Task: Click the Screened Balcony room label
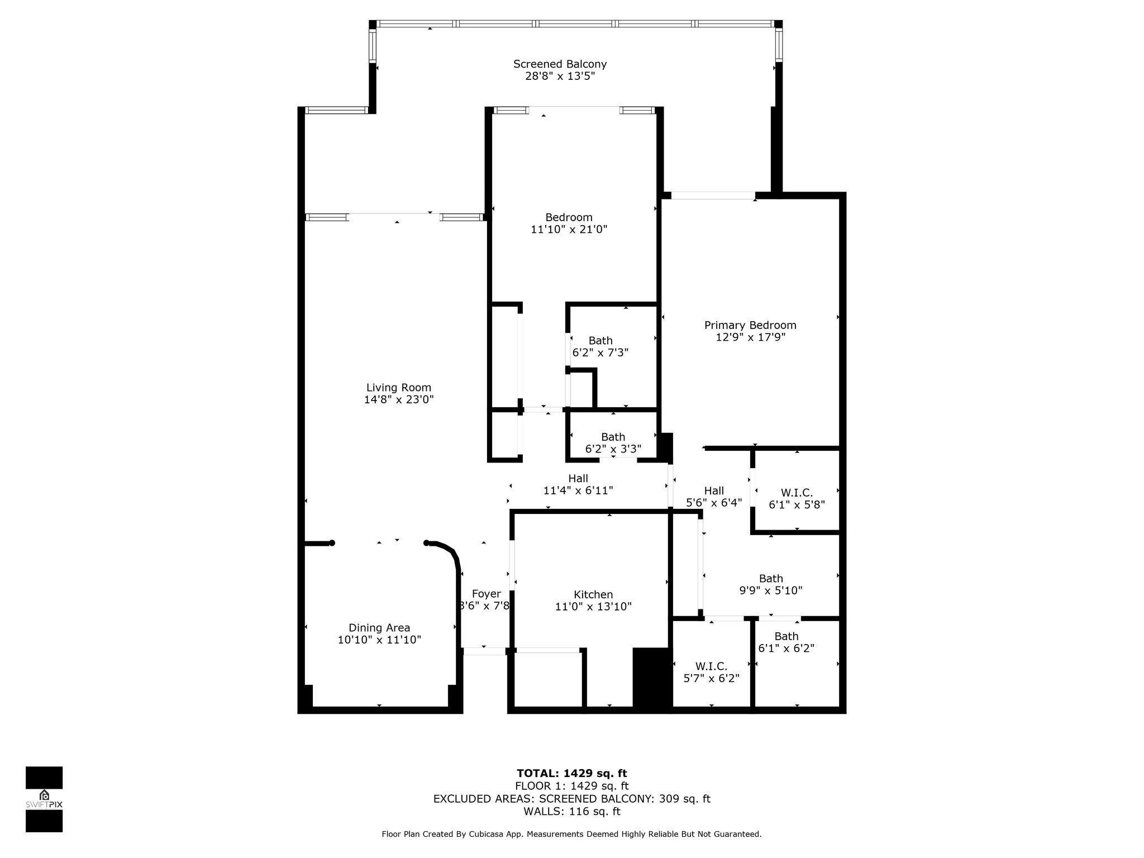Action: pos(560,64)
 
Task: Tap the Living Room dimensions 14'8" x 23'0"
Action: pos(399,399)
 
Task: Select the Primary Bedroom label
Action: pos(750,325)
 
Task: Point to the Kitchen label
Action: pos(593,595)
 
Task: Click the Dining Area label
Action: pos(379,628)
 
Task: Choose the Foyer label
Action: pos(486,594)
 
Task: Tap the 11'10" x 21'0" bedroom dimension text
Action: pos(569,229)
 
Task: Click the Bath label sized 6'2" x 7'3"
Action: pos(600,341)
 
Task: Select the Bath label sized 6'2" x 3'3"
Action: pos(613,437)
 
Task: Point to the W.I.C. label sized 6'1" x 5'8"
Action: pos(797,493)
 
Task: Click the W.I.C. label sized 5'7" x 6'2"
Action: pos(711,666)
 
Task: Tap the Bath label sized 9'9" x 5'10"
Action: pos(771,579)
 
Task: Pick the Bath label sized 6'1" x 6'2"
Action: pos(786,636)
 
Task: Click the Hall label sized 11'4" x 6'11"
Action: pos(578,478)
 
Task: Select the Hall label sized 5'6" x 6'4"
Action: pos(714,491)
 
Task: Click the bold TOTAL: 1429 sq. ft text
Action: pos(571,773)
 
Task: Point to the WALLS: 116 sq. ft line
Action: pos(571,811)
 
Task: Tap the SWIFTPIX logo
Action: pos(44,799)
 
